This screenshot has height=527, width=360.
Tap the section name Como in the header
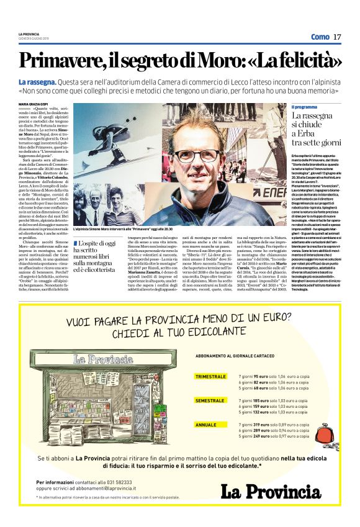click(320, 37)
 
